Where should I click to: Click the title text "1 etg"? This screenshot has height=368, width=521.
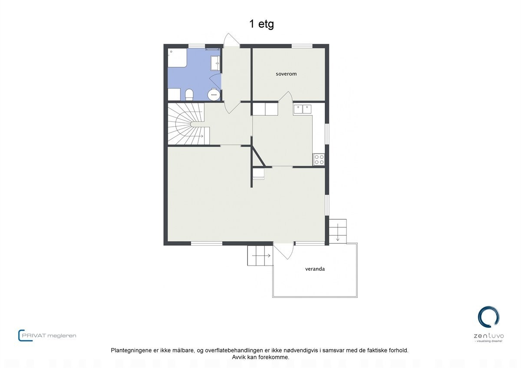coord(261,24)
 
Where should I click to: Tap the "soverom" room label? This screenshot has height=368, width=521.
coord(286,74)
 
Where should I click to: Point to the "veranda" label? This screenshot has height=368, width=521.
coord(314,269)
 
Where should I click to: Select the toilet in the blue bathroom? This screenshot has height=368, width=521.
coord(189,94)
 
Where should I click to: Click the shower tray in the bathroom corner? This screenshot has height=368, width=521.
coord(177,58)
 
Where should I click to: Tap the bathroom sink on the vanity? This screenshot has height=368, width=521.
coord(215,63)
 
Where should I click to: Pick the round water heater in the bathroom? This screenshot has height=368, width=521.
coord(214,94)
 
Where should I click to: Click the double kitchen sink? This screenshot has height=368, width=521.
coord(303,109)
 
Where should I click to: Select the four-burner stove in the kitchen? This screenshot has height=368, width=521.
coord(319,159)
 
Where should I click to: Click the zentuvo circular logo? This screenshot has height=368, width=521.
coord(488,317)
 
